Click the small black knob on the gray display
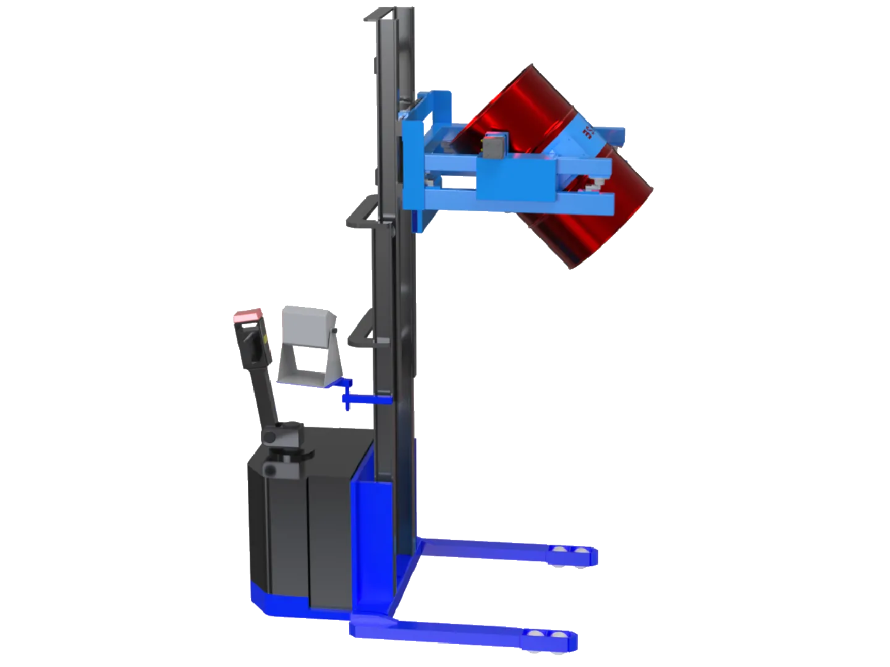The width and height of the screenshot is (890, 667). pos(334,333)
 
